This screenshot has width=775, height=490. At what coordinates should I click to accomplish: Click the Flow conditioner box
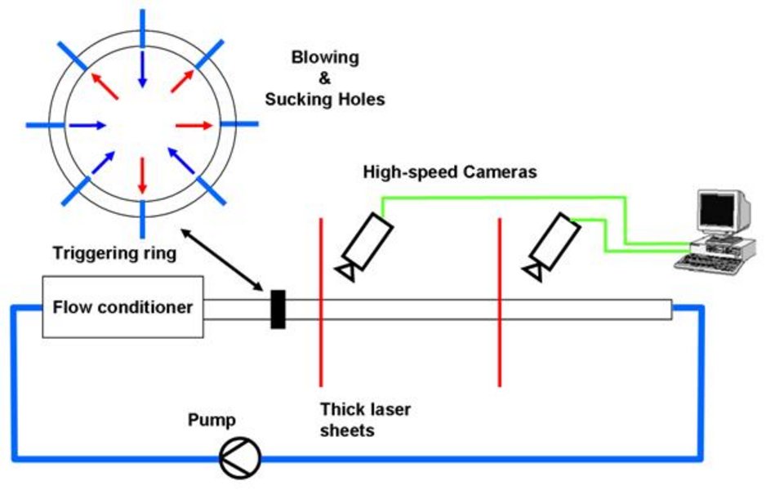tap(122, 307)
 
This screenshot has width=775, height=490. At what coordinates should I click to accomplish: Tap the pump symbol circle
tap(240, 457)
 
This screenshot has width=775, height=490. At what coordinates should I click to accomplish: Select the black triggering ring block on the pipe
tap(278, 309)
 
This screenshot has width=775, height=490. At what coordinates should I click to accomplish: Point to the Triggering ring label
tap(114, 253)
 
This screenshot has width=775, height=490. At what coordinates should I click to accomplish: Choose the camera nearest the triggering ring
tap(367, 244)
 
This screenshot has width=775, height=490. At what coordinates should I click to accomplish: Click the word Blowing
tap(325, 58)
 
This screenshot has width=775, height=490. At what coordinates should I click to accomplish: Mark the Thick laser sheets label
tap(365, 419)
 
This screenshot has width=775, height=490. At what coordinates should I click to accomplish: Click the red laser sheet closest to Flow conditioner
tap(321, 302)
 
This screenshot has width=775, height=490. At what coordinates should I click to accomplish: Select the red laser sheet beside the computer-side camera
tap(499, 302)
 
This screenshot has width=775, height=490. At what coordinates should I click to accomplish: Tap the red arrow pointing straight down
tap(142, 174)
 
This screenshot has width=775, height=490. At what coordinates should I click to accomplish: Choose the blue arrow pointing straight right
tap(87, 126)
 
